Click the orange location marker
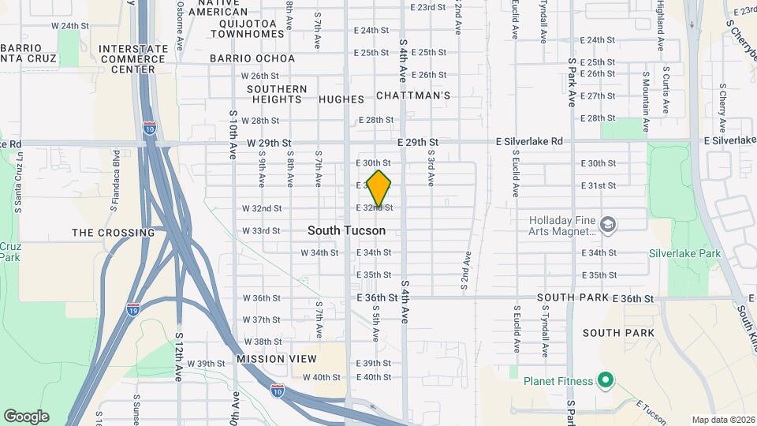pos(379,189)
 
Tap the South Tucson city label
pos(346,230)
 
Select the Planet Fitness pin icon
pos(605,381)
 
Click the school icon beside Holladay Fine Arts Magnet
pos(608,224)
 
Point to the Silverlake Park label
pos(684,254)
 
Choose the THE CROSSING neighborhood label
pos(114,233)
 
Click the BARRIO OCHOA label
pos(252,58)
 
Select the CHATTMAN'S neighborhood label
pos(412,95)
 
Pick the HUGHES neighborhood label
pos(341,99)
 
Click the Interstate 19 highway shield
pos(133,308)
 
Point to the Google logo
pos(26,416)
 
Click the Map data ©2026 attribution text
pos(722,420)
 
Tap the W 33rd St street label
pos(261,231)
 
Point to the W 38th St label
pos(263,342)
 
